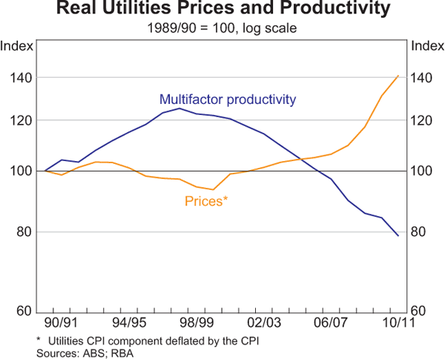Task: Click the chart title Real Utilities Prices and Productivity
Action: tap(222, 10)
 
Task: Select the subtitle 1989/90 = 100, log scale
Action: tap(222, 29)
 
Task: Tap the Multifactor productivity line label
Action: tap(228, 99)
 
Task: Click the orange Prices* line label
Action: tap(205, 200)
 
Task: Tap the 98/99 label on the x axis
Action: tap(197, 324)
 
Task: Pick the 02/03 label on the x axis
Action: tap(264, 324)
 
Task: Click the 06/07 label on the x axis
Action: tap(332, 324)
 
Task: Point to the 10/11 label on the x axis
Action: tap(398, 324)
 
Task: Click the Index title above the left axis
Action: tap(16, 46)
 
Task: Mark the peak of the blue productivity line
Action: tap(179, 108)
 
